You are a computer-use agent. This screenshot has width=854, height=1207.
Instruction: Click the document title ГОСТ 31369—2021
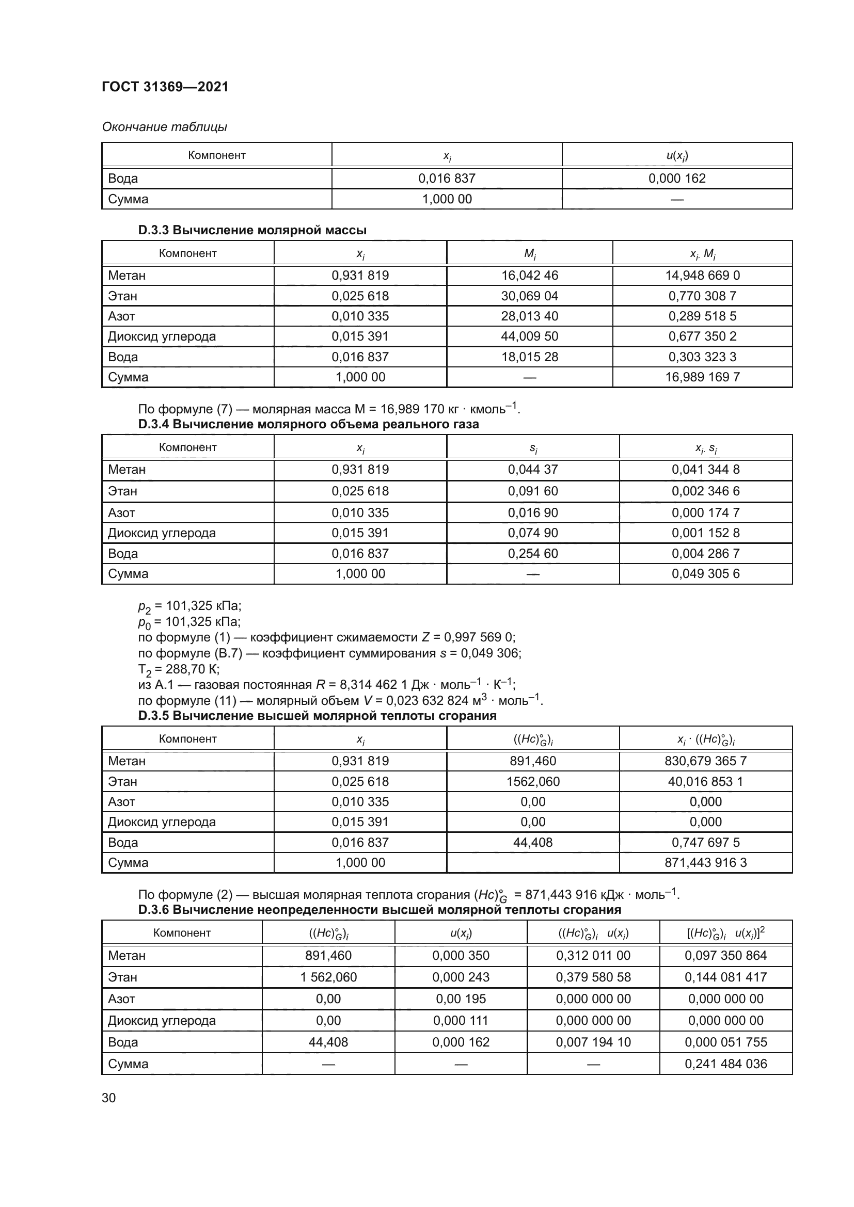click(x=165, y=87)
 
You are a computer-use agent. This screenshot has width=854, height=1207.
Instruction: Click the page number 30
click(x=109, y=1098)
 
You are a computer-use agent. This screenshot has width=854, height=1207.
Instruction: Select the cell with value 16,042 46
click(x=529, y=276)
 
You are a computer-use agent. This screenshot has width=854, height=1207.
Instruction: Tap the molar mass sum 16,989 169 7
click(x=702, y=377)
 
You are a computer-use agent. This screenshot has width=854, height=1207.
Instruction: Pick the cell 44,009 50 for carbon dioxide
click(x=529, y=336)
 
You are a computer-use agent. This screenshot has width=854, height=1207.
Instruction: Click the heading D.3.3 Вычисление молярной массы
click(x=252, y=230)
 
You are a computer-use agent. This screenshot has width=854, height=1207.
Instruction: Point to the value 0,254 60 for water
click(x=532, y=554)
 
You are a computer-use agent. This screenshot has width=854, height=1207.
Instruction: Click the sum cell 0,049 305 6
click(x=705, y=573)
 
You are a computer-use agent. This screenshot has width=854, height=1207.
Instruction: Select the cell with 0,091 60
click(x=532, y=491)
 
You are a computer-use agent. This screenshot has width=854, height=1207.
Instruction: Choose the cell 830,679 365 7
click(x=705, y=761)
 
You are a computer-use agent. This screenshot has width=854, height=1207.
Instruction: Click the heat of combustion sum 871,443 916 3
click(x=705, y=863)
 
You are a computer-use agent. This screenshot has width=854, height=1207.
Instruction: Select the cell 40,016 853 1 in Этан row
click(x=705, y=782)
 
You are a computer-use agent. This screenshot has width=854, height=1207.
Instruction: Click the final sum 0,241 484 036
click(x=725, y=1064)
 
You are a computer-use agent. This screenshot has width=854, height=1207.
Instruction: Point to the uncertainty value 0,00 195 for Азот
click(x=461, y=999)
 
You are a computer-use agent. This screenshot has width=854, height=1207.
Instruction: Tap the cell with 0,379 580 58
click(x=593, y=977)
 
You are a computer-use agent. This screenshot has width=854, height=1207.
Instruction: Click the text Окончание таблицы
click(x=165, y=127)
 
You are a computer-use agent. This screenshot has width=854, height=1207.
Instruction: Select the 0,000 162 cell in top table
click(x=677, y=179)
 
